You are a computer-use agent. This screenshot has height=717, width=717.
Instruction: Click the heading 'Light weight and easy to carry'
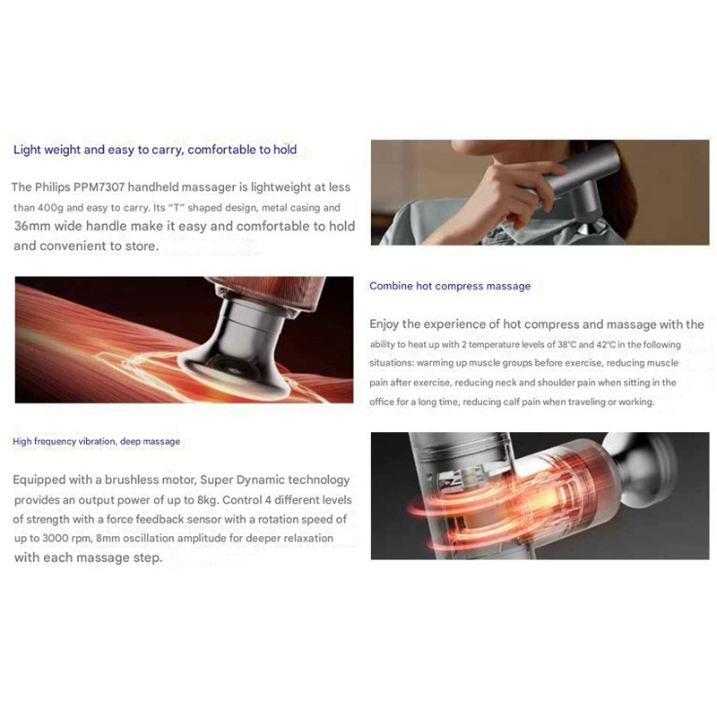99,150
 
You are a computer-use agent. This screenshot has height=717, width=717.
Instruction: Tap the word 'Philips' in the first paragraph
53,187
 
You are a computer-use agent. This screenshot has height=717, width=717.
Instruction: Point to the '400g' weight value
50,208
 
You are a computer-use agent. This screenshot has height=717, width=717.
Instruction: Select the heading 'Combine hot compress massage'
450,286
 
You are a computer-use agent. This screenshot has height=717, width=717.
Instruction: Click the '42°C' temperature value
606,344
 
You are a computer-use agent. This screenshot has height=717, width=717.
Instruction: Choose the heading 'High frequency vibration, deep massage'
97,441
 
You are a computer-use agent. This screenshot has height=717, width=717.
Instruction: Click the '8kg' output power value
207,500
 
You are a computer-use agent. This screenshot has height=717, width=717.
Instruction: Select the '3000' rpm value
55,539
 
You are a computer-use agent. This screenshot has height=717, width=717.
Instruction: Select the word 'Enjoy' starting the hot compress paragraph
384,324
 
